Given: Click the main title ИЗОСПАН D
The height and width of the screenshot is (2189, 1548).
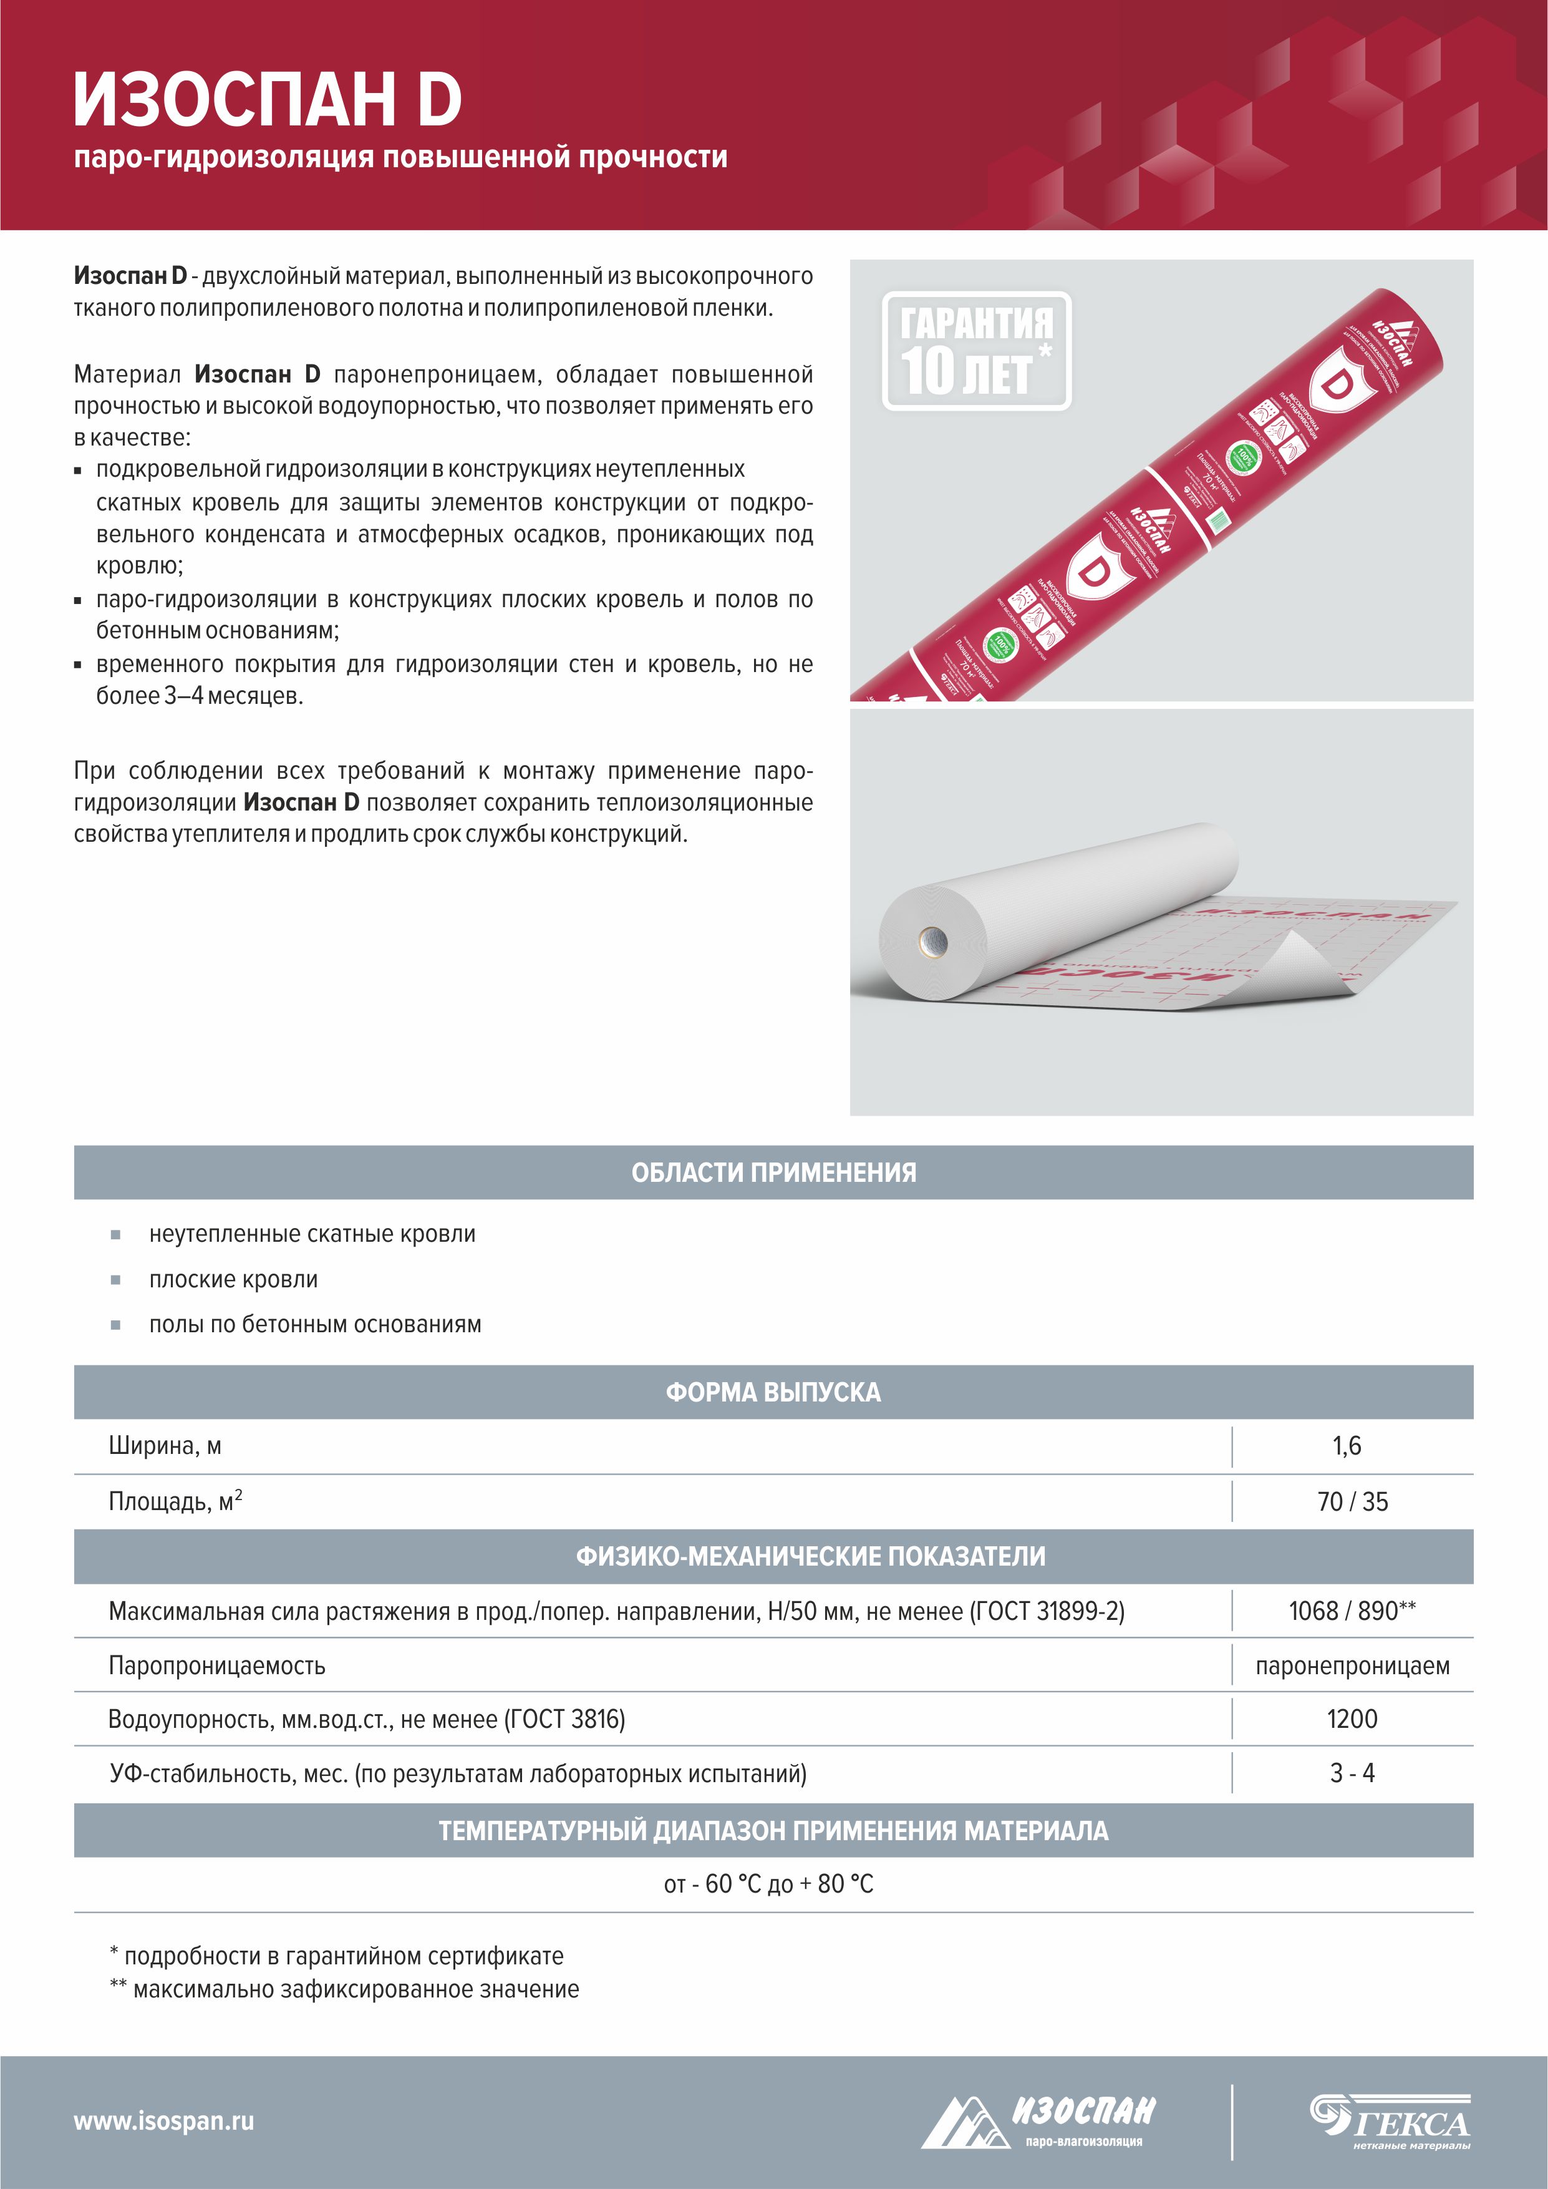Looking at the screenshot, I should (268, 100).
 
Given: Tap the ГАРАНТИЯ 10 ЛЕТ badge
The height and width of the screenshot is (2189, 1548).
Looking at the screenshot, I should (976, 351).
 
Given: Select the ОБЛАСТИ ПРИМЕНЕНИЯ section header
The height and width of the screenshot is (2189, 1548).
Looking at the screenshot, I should (773, 1173).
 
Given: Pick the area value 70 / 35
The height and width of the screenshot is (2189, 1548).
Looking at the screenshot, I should (1352, 1501).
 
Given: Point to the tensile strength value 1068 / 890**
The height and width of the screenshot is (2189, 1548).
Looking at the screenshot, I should (1352, 1611).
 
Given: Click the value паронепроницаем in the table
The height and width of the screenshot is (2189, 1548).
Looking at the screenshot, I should (1352, 1665).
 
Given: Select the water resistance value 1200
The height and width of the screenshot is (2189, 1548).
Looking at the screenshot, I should (1352, 1719).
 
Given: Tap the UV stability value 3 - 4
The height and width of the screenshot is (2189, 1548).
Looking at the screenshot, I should (1352, 1773).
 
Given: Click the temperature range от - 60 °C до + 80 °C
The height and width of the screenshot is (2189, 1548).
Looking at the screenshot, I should (768, 1884).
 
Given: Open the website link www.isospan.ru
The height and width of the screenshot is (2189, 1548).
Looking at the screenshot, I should (164, 2122).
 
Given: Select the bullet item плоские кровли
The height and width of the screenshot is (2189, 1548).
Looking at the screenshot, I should (233, 1279).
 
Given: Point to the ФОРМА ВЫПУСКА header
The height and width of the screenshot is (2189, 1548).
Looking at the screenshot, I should (773, 1392).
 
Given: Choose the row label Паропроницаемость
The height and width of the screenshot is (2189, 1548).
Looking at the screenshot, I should (217, 1665).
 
